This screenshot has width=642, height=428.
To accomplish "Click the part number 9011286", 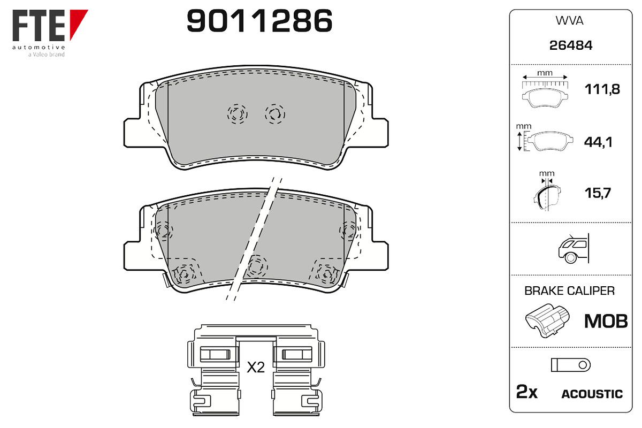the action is pyautogui.click(x=259, y=21).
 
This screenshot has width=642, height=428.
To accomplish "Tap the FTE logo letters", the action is pyautogui.click(x=39, y=25).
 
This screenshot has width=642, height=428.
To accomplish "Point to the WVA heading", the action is pyautogui.click(x=569, y=21).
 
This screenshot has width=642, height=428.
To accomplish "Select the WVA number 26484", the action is pyautogui.click(x=571, y=45).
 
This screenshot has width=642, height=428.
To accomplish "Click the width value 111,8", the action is pyautogui.click(x=602, y=89).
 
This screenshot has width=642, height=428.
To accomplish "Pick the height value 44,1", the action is pyautogui.click(x=598, y=142).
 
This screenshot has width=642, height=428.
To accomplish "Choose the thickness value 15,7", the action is pyautogui.click(x=598, y=193).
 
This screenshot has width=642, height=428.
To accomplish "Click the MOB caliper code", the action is pyautogui.click(x=606, y=321).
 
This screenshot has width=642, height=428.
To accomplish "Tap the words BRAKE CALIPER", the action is pyautogui.click(x=569, y=291).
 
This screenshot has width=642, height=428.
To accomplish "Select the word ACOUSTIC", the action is pyautogui.click(x=592, y=394).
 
